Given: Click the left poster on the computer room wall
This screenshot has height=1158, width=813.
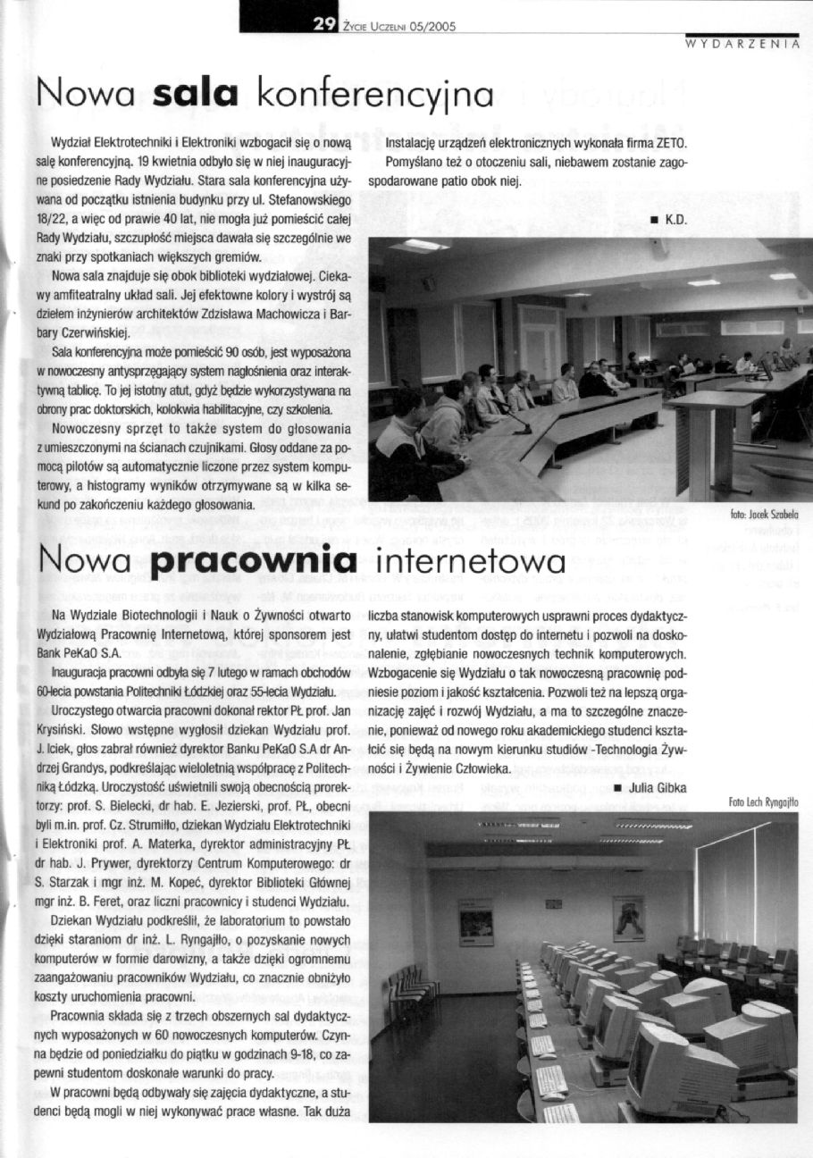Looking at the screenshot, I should click(475, 921).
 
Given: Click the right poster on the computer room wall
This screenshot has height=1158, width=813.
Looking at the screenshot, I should click(628, 919).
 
